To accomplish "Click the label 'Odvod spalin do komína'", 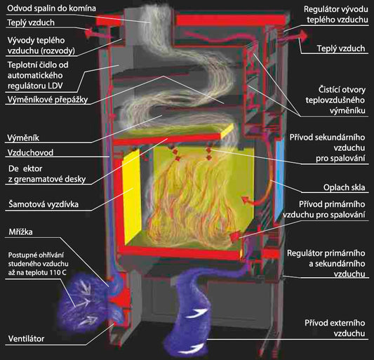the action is click(x=51, y=8).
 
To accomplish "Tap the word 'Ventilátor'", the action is click(x=26, y=338).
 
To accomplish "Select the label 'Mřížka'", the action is click(x=20, y=232).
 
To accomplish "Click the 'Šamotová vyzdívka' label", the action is click(x=44, y=204).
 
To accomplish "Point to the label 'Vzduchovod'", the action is click(x=30, y=153).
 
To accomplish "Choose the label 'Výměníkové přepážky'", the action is click(x=48, y=100).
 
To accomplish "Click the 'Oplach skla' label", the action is click(x=345, y=187).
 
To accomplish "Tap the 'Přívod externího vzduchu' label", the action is click(x=335, y=328).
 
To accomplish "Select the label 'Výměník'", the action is click(x=23, y=138).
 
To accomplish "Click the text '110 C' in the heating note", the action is click(x=58, y=272).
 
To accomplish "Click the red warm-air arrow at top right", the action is click(x=292, y=37).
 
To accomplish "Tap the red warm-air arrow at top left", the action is click(x=97, y=34).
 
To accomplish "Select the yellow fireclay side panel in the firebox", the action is click(x=131, y=193).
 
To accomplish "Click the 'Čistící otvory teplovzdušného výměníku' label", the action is click(x=335, y=100).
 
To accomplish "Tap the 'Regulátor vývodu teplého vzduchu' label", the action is click(x=336, y=14).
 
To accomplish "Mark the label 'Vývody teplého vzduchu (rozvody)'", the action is click(x=41, y=46).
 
